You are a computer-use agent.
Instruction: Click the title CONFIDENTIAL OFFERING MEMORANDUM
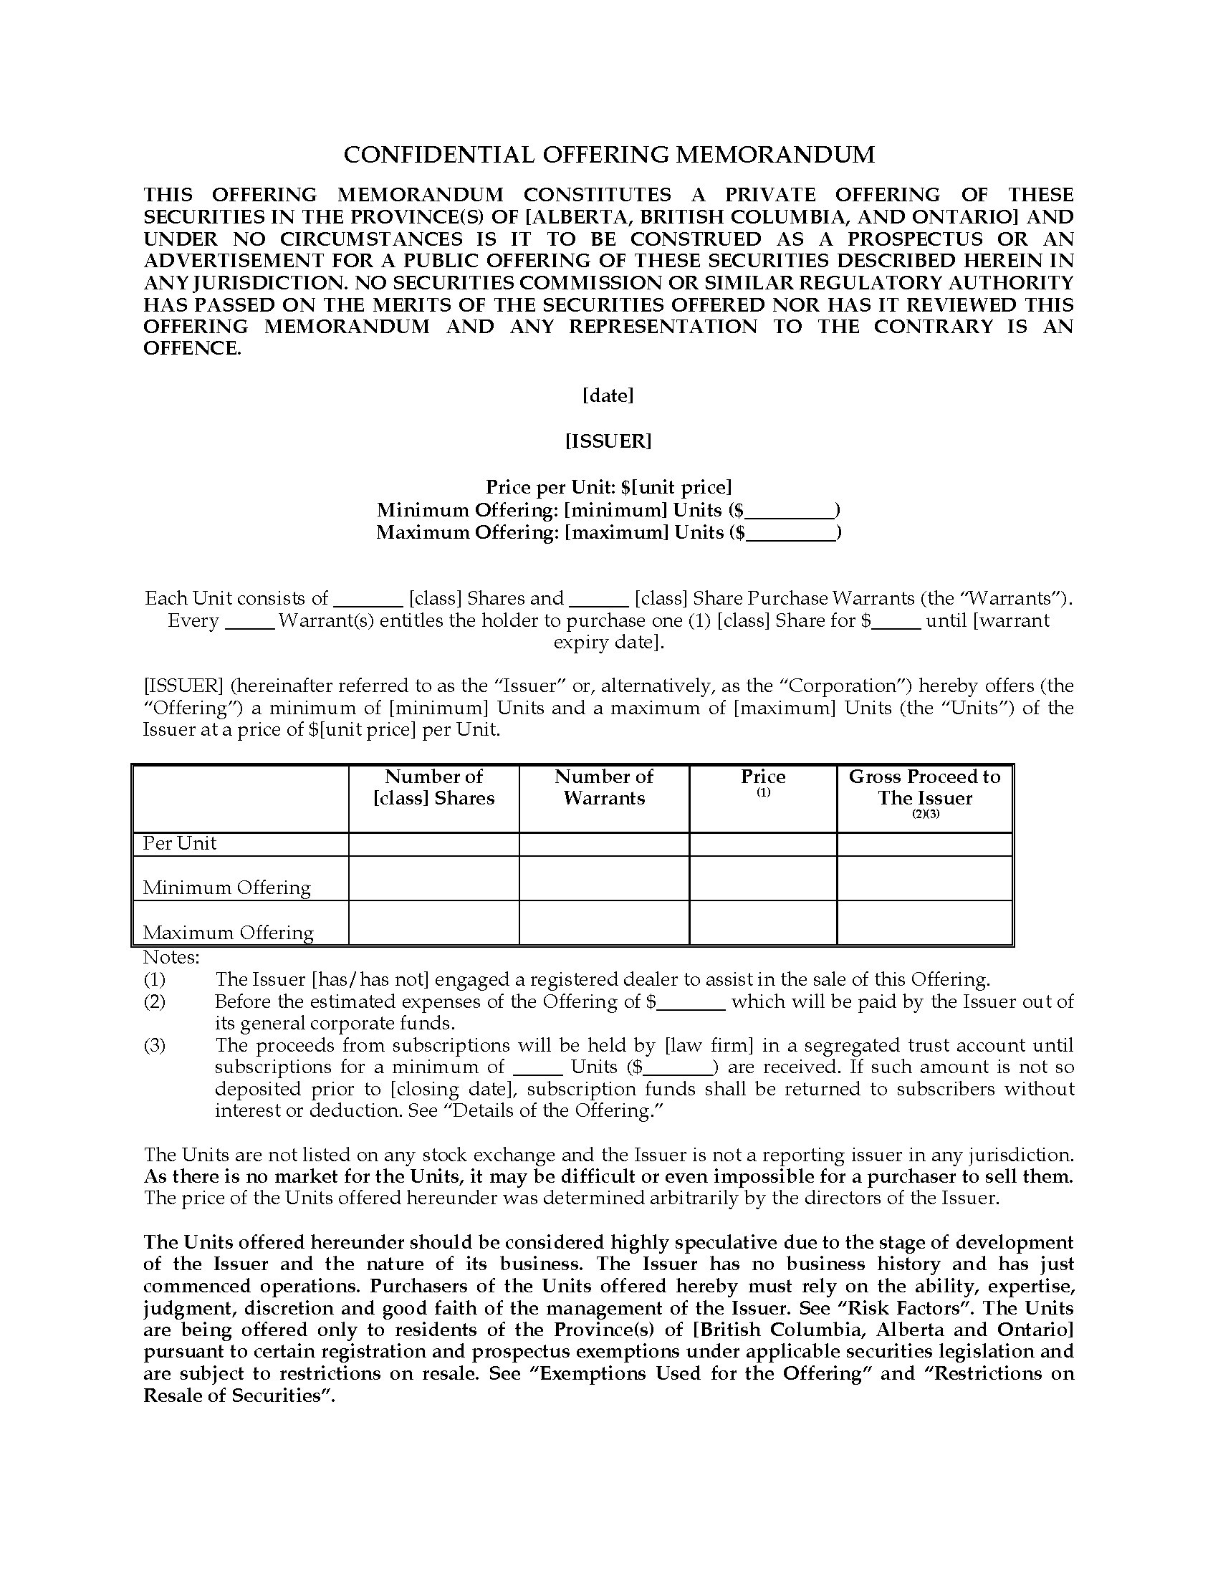(x=608, y=155)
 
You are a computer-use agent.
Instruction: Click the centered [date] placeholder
(x=608, y=395)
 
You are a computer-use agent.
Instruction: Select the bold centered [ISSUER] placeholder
(x=608, y=441)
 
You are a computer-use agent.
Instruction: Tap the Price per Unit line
(x=608, y=487)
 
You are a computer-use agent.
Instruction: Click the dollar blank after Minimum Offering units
(x=790, y=511)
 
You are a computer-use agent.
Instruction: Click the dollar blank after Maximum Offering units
(x=792, y=533)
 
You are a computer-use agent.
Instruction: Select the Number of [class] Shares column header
(x=433, y=787)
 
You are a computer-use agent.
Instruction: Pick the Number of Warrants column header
(x=604, y=787)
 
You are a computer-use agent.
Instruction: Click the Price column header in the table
(x=763, y=777)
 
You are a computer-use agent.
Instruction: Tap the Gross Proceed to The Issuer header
(x=924, y=787)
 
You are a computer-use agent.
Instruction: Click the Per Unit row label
(x=180, y=844)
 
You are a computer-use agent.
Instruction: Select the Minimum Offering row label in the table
(x=226, y=888)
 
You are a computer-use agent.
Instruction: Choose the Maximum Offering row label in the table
(x=228, y=932)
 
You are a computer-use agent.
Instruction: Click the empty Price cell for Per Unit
(x=763, y=845)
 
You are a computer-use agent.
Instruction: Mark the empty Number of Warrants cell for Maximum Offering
(x=604, y=923)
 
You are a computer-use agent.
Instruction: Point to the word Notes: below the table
(x=171, y=958)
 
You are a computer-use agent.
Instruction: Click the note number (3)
(x=155, y=1046)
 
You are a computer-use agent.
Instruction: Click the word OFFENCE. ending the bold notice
(x=192, y=349)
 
